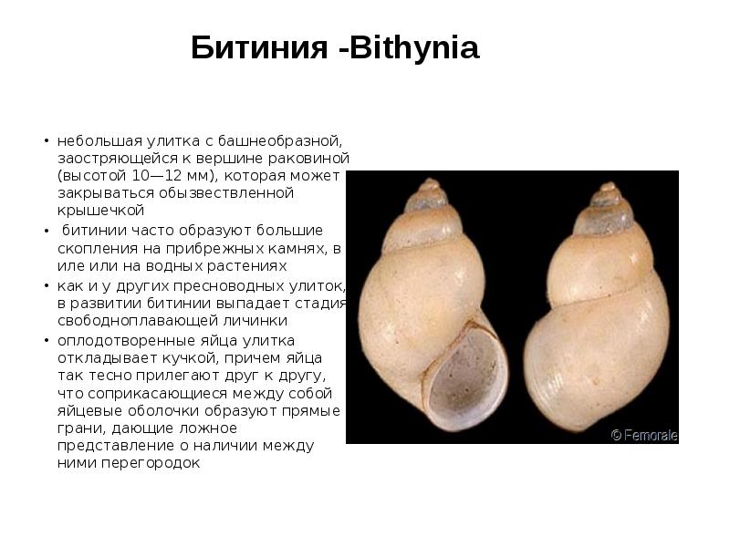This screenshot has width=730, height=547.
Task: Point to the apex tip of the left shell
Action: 429,182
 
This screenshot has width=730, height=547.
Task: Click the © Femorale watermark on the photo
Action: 644,436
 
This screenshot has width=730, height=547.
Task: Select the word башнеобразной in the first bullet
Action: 288,142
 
